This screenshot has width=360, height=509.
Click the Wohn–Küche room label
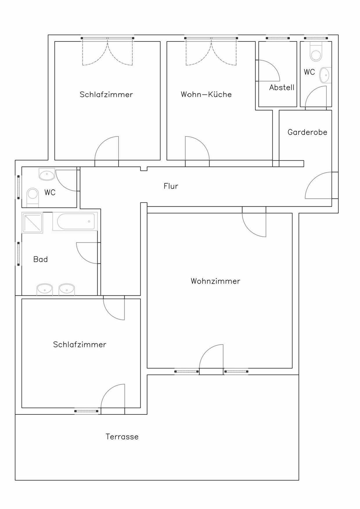point(206,94)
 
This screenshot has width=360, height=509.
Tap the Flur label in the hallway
point(171,186)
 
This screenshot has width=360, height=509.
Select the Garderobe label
point(307,132)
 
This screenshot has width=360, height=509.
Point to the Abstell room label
point(282,87)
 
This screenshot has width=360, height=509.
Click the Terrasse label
point(122,437)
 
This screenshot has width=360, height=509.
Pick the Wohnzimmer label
point(215,281)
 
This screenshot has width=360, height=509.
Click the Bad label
point(40,259)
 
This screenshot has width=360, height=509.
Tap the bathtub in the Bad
point(75,221)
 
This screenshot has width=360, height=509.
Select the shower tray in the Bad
point(32,223)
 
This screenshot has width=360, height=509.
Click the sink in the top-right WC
point(326,75)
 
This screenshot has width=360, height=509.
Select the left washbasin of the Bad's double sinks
point(45,290)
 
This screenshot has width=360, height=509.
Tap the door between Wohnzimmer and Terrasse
point(211,359)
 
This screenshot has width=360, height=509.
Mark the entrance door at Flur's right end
point(318,185)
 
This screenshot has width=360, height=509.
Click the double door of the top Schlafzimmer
point(107,52)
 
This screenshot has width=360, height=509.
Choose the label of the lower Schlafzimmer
point(80,344)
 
